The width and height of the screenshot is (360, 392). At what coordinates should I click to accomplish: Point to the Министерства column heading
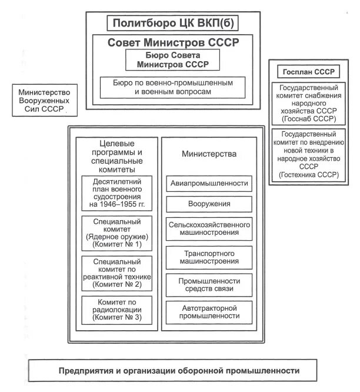point(209,154)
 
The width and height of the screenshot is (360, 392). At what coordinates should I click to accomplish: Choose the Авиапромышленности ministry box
point(209,184)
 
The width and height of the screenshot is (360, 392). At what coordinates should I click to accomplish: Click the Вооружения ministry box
point(209,204)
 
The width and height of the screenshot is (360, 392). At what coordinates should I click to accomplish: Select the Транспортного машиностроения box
point(209,256)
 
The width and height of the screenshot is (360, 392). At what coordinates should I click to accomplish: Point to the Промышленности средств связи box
point(209,284)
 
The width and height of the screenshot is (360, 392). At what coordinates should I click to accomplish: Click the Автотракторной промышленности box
point(209,311)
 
